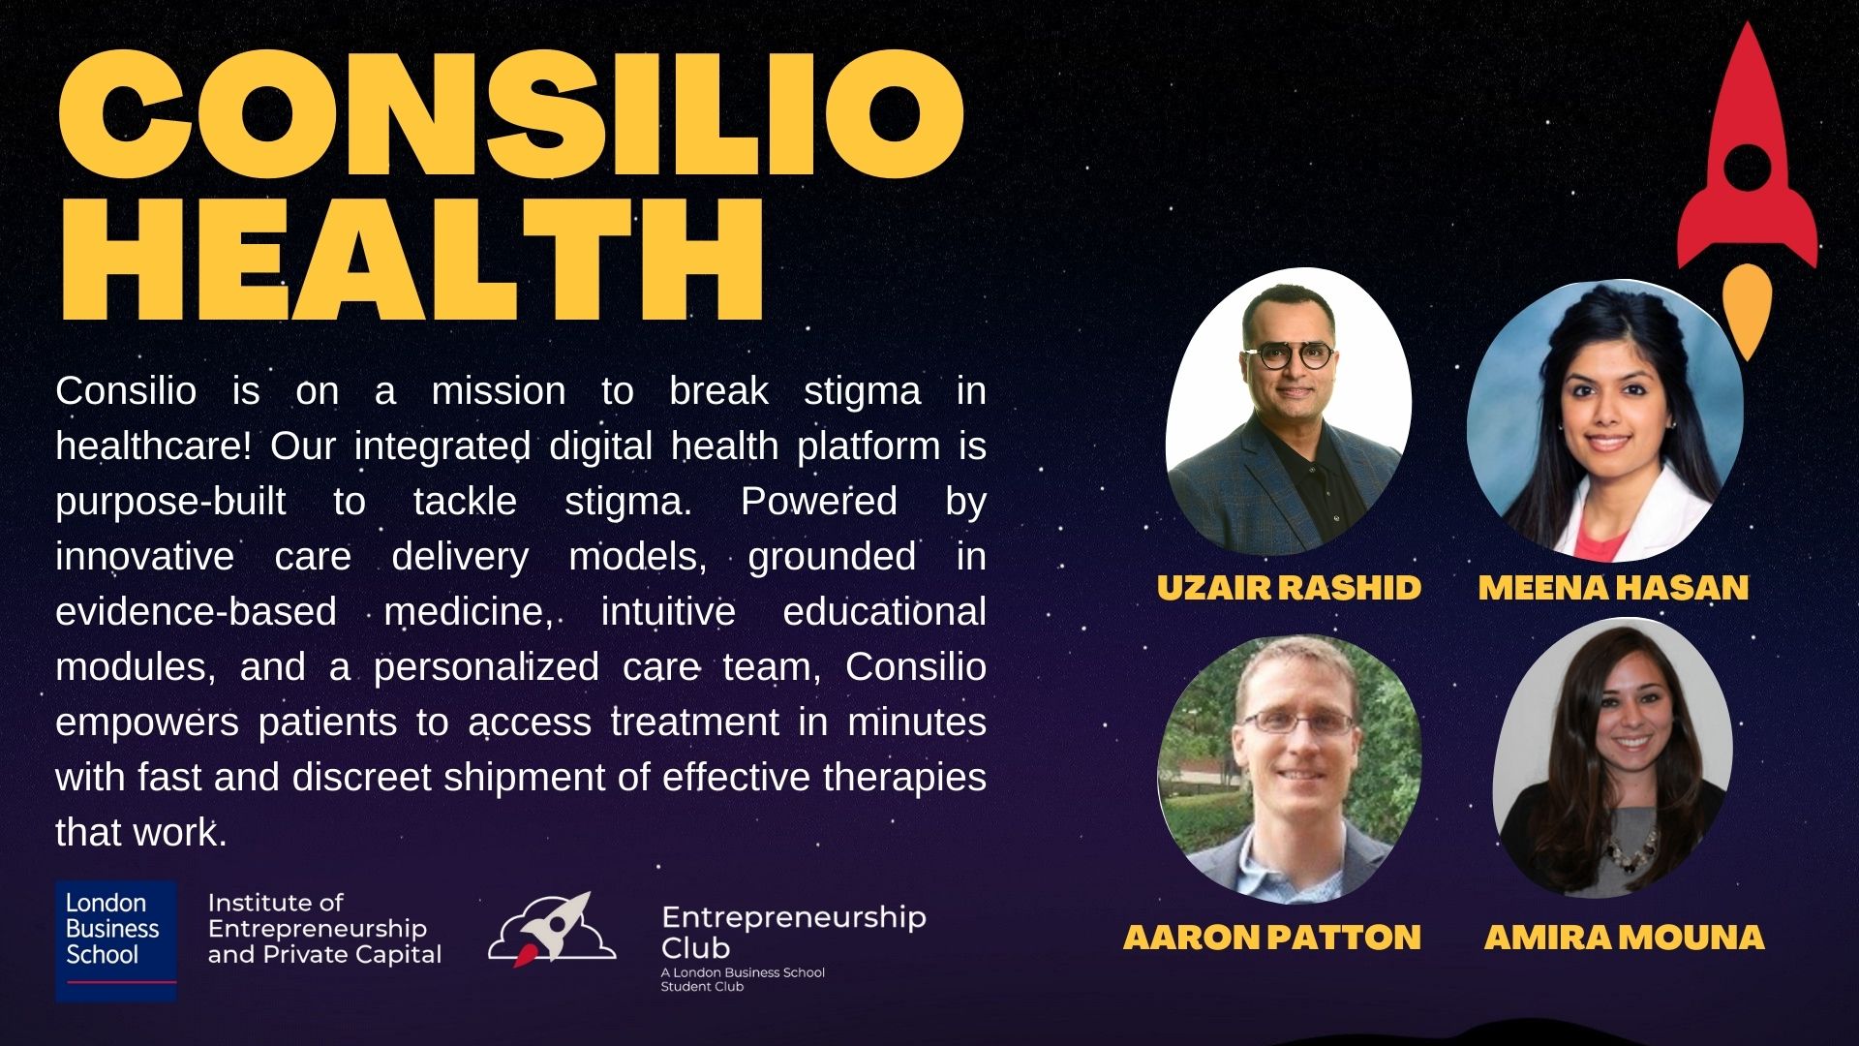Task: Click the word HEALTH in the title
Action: [x=411, y=260]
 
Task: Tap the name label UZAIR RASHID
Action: [x=1289, y=587]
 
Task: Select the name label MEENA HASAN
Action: [x=1613, y=587]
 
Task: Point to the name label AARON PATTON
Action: [x=1272, y=937]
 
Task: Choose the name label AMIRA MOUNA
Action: [x=1624, y=937]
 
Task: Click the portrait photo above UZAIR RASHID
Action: [x=1288, y=412]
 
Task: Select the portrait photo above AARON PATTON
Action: [x=1289, y=768]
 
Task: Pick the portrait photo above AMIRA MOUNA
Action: [x=1613, y=760]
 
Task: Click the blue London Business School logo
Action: [x=116, y=939]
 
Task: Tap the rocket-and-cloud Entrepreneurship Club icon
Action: [x=551, y=931]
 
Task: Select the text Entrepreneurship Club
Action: [x=793, y=932]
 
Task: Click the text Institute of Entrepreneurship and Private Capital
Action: [x=324, y=929]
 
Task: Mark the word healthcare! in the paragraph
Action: [x=154, y=446]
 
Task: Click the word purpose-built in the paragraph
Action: [x=170, y=502]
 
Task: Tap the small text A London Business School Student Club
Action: [x=742, y=979]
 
